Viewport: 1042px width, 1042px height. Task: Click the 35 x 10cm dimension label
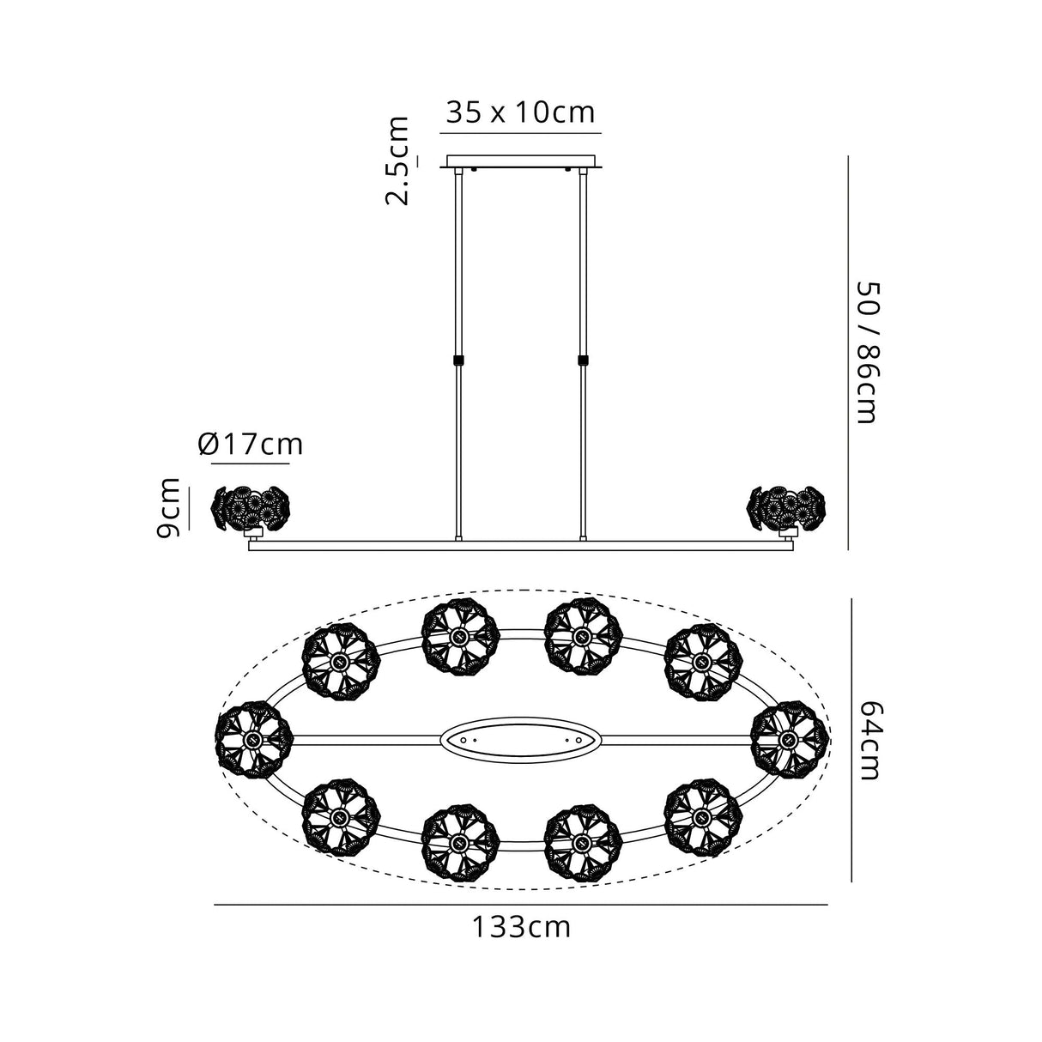pyautogui.click(x=519, y=113)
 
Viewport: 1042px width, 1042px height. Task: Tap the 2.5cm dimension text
pyautogui.click(x=397, y=161)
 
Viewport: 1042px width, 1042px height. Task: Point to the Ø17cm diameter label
pyautogui.click(x=251, y=445)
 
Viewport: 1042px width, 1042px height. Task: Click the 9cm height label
pyautogui.click(x=167, y=508)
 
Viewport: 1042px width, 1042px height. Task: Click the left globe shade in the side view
pyautogui.click(x=249, y=509)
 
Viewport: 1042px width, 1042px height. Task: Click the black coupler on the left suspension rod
pyautogui.click(x=458, y=360)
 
